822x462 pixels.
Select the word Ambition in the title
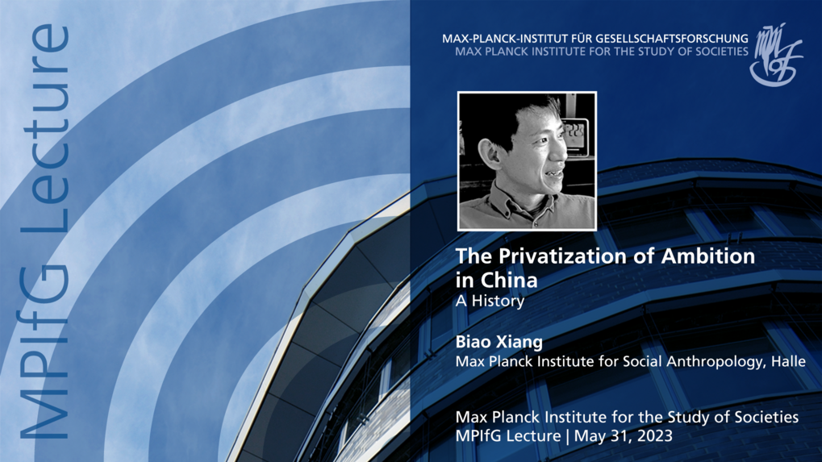click(x=708, y=256)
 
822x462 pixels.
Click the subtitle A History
click(x=490, y=302)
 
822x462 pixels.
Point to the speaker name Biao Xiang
click(x=499, y=342)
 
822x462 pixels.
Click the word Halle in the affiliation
click(x=788, y=361)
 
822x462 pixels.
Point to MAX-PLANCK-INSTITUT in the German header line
click(x=503, y=39)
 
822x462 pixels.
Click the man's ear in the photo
click(x=491, y=153)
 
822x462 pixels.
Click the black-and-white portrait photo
click(x=527, y=161)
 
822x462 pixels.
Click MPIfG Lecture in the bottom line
click(x=508, y=436)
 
